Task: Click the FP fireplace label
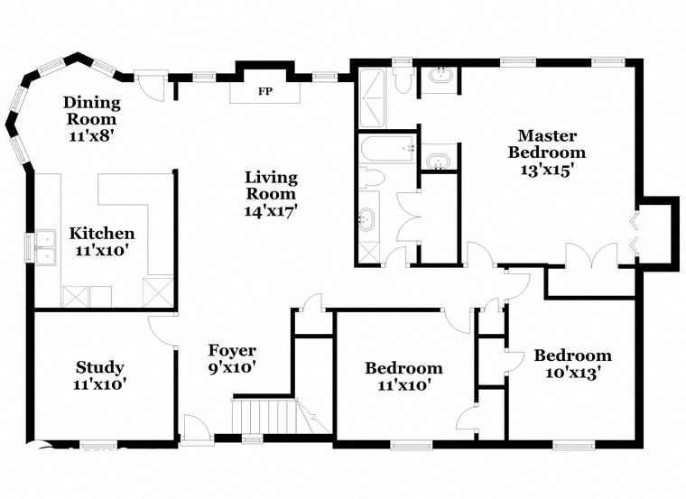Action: (x=265, y=91)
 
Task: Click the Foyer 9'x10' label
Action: (x=232, y=359)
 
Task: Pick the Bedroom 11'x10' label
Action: (x=403, y=376)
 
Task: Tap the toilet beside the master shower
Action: (x=403, y=81)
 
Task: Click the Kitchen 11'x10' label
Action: (x=102, y=242)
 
